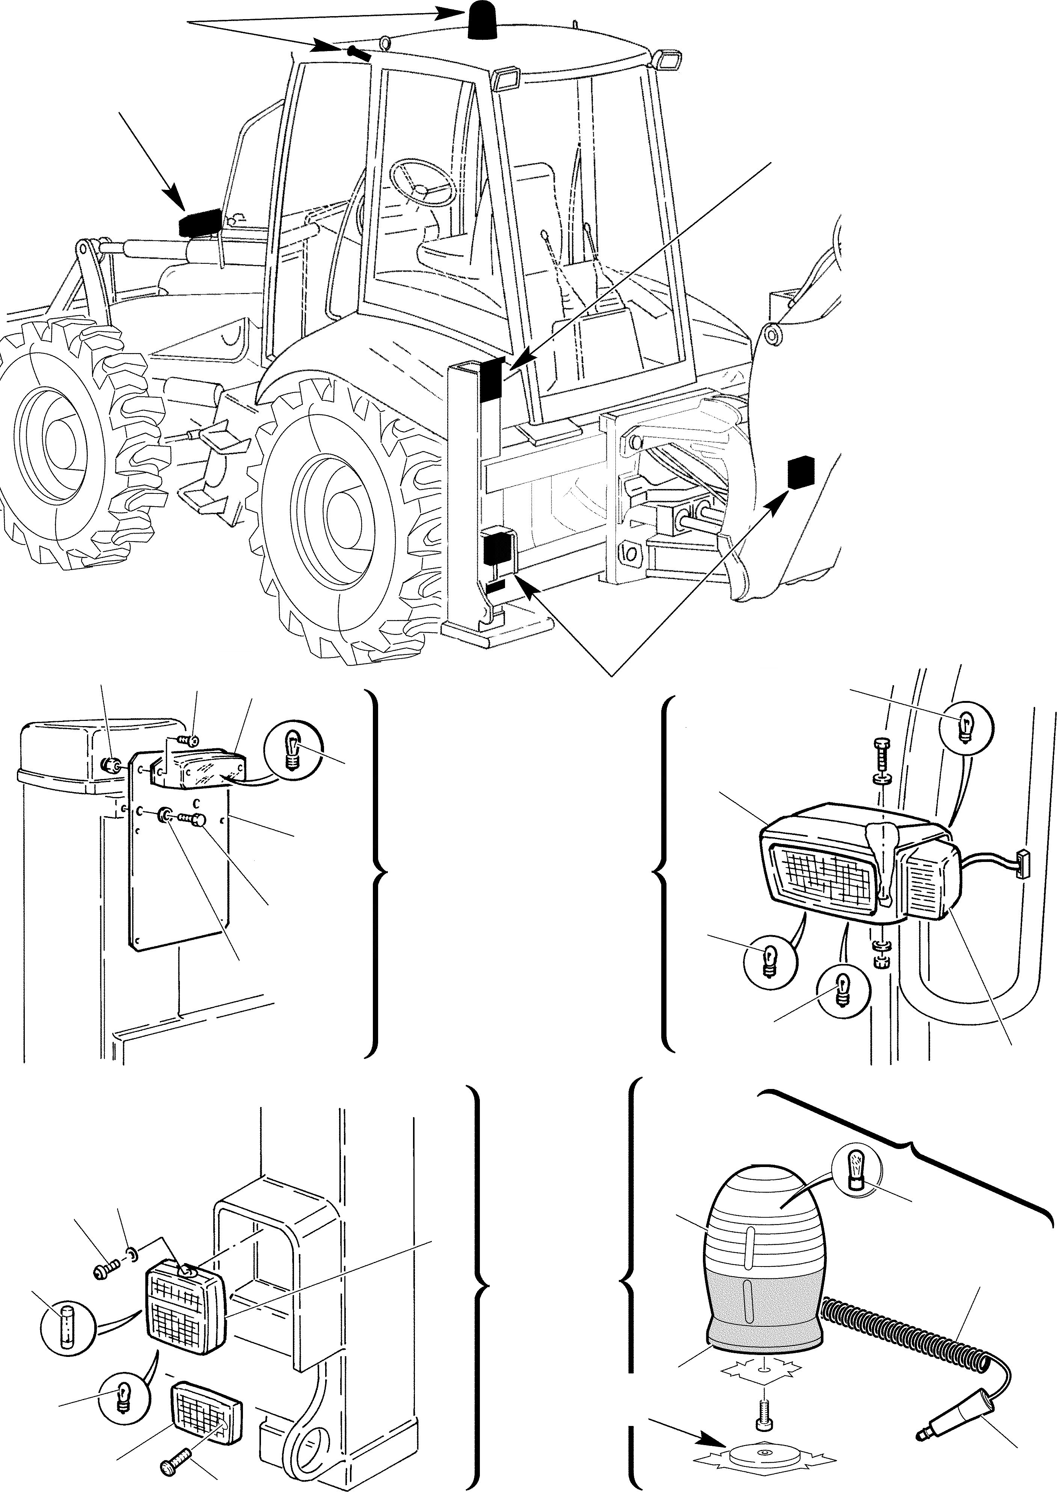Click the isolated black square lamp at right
click(801, 472)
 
